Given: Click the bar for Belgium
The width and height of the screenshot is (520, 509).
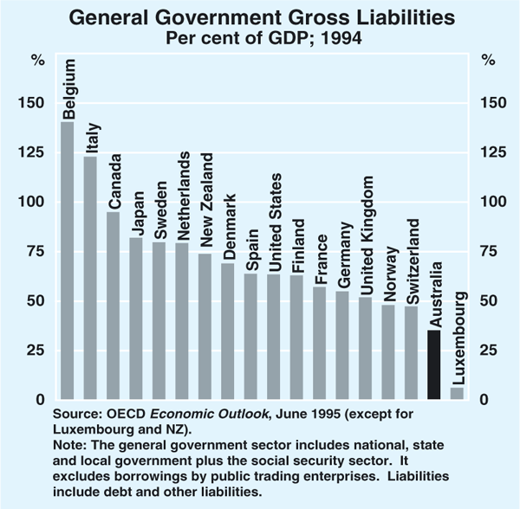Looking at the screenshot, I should click(x=67, y=260).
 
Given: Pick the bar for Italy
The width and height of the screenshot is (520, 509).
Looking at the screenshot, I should click(x=90, y=277).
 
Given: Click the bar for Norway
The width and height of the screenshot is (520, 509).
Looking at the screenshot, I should click(x=389, y=351).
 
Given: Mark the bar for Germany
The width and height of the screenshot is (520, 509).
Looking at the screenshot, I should click(x=343, y=345).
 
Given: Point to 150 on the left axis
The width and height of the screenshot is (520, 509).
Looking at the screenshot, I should click(x=42, y=103).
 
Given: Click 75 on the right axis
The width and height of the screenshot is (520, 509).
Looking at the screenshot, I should click(x=489, y=251).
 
